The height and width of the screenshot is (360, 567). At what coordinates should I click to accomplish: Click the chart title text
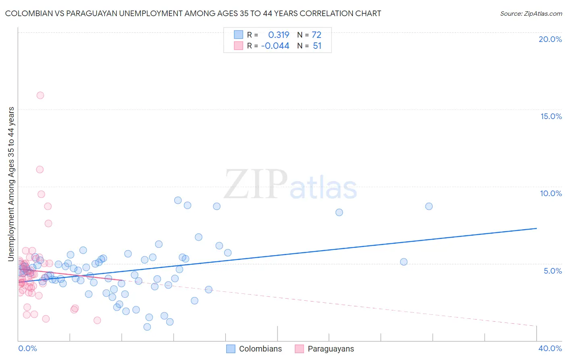(x=193, y=13)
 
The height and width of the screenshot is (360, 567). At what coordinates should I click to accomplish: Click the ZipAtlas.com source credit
(x=531, y=13)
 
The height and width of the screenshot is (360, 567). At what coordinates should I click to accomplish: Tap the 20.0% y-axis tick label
(x=550, y=39)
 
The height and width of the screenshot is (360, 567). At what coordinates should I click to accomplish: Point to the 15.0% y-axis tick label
(x=551, y=116)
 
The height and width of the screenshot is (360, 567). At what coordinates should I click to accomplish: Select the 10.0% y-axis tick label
(x=551, y=193)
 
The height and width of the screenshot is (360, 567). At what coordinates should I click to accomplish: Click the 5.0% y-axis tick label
(x=552, y=271)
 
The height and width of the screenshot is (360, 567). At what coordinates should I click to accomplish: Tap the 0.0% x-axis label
(x=27, y=348)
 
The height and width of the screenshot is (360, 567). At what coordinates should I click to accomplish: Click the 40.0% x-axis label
(x=550, y=348)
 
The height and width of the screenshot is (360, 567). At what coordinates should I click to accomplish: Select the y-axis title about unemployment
(x=11, y=184)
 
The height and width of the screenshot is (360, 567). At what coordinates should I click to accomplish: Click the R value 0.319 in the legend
(x=279, y=35)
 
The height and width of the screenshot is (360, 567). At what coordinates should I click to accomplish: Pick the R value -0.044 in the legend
(x=275, y=46)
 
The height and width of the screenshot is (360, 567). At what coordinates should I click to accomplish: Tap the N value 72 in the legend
(x=317, y=35)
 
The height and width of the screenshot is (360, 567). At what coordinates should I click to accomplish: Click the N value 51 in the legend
(x=317, y=46)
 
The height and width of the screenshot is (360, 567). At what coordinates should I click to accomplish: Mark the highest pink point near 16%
(x=40, y=95)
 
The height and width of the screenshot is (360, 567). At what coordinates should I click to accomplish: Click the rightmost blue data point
(x=429, y=206)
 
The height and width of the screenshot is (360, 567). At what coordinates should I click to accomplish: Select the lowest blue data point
(x=147, y=327)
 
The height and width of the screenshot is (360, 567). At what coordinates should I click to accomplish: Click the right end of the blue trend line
(x=536, y=228)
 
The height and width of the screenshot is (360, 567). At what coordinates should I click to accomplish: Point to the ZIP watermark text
(x=255, y=185)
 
